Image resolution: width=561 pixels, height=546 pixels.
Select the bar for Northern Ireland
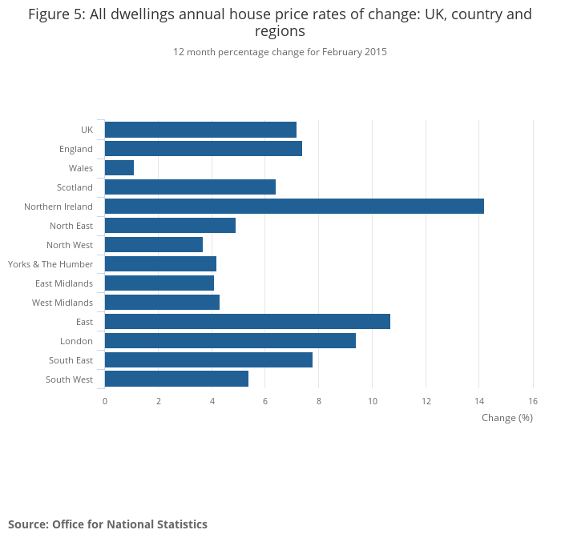294,207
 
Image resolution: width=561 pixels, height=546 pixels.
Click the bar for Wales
119,168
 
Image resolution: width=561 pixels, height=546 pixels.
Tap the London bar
230,341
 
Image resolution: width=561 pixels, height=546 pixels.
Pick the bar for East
247,322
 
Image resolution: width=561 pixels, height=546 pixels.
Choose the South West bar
176,379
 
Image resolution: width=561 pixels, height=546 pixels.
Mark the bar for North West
154,245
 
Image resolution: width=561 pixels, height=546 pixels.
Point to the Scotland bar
190,187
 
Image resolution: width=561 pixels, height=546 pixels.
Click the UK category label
87,130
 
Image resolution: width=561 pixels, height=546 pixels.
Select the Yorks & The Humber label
50,264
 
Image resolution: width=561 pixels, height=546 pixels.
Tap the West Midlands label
63,303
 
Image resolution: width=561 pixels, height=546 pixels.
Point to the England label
76,149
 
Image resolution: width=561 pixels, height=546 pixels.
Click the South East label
71,360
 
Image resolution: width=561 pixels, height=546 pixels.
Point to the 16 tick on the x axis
533,400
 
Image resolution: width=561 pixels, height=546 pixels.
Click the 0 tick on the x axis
105,400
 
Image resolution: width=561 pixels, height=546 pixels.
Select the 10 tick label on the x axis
372,400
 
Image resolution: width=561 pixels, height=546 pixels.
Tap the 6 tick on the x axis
265,400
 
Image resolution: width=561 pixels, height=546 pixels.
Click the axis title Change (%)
507,418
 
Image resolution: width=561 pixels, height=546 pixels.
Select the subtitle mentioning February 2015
280,52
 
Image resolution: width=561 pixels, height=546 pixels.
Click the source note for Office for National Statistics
107,524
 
